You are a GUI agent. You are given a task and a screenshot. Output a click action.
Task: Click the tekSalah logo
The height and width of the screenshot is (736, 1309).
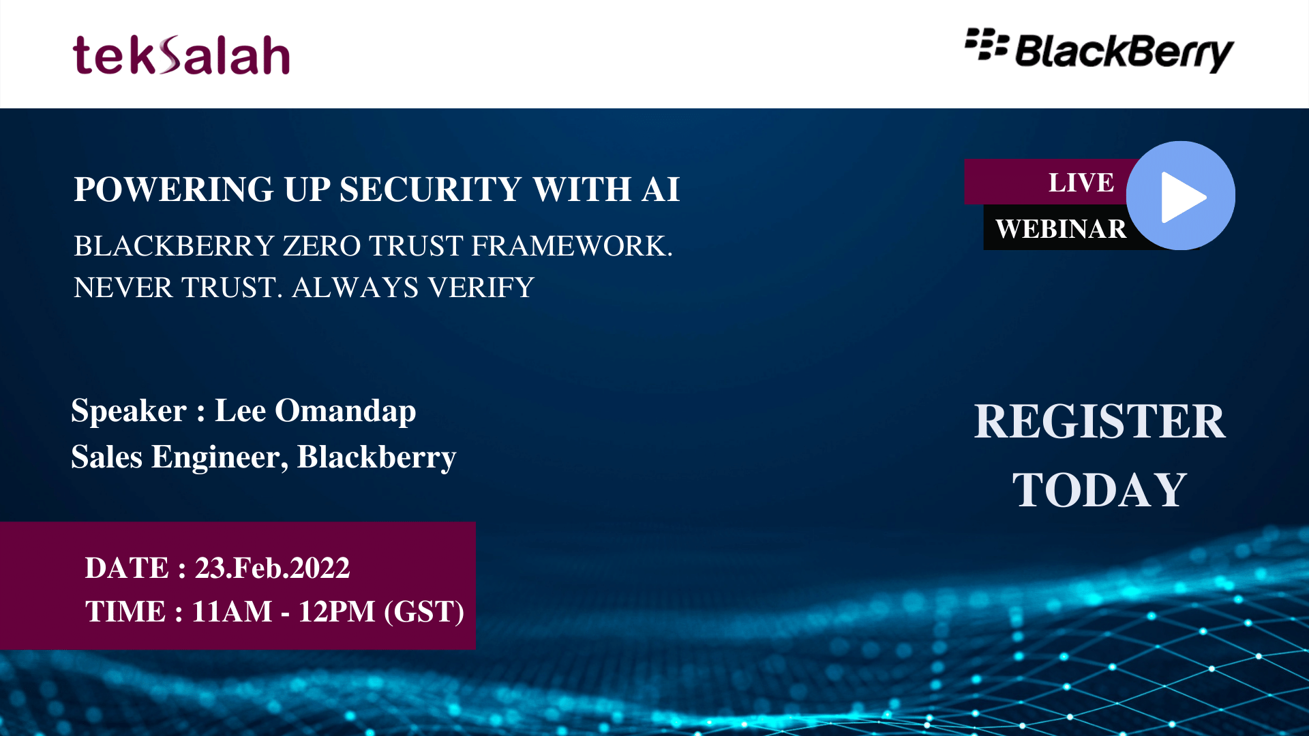[181, 55]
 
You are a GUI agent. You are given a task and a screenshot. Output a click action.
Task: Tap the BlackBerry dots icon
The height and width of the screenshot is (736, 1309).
[986, 44]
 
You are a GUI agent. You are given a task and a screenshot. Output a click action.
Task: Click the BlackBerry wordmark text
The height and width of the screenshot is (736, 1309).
[1124, 52]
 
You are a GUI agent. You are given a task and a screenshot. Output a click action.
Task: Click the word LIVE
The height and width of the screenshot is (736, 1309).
[1081, 183]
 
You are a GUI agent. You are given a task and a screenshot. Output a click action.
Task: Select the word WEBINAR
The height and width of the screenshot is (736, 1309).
[1061, 229]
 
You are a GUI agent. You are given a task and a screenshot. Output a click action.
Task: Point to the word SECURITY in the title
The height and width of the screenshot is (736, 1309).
[431, 189]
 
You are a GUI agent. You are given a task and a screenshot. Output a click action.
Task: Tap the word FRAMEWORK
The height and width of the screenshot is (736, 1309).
[571, 246]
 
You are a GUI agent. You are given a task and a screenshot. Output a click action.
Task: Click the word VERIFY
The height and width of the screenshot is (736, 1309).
[481, 288]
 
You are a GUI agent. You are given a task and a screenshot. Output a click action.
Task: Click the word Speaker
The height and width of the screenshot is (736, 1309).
[129, 411]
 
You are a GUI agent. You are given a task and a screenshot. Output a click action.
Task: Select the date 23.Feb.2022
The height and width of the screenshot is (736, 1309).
[273, 568]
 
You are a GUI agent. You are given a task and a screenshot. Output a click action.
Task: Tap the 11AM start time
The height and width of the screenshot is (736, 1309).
[232, 611]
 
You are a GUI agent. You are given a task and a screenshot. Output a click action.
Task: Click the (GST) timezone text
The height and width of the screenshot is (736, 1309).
[424, 611]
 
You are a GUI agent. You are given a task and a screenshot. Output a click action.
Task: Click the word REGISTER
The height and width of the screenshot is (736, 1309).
[1100, 421]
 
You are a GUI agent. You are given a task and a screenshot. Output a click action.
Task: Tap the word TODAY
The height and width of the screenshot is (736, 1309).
[1100, 490]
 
